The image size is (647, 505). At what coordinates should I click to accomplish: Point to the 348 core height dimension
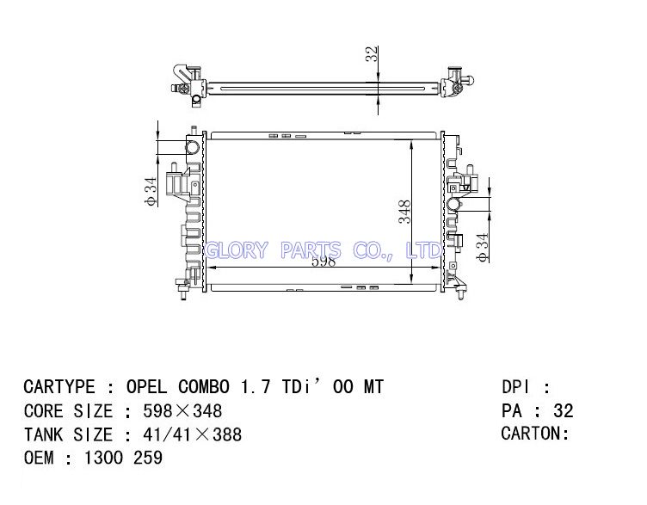tap(404, 212)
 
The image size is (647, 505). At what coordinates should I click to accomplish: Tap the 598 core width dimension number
tap(323, 262)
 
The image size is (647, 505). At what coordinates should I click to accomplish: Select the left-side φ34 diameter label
tap(151, 191)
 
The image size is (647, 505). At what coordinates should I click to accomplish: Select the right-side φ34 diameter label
tap(482, 247)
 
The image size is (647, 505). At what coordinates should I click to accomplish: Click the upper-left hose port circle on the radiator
tap(193, 147)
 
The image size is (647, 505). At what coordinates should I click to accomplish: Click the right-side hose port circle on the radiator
tap(455, 204)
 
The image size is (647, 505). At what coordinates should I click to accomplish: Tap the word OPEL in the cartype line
tap(146, 387)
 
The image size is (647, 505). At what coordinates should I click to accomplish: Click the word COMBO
tap(203, 387)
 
